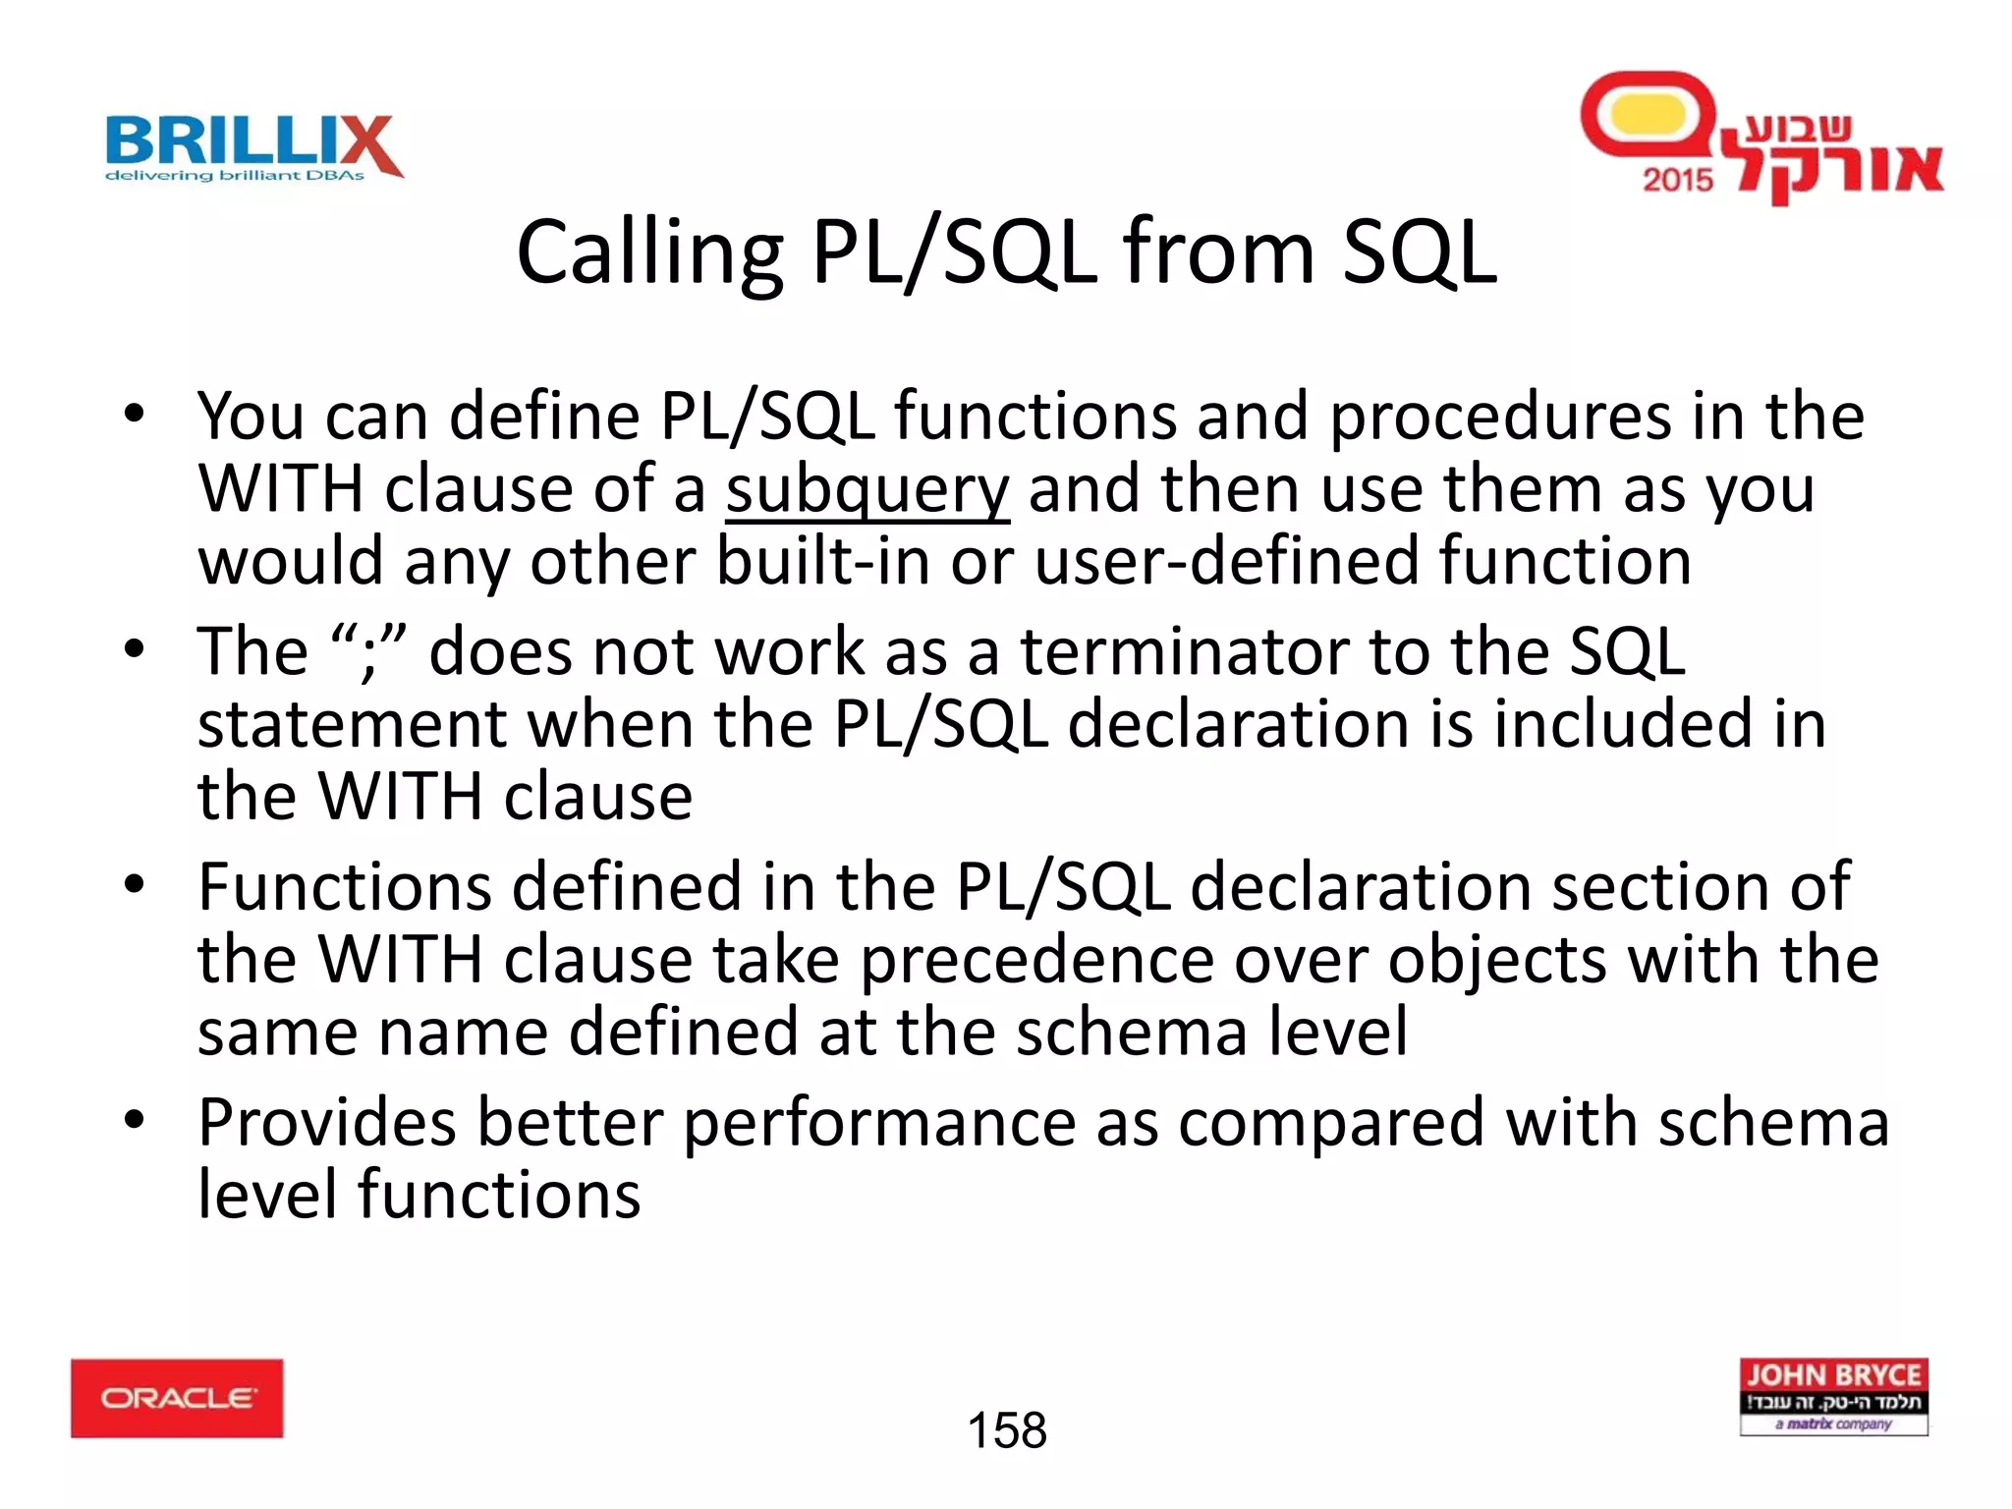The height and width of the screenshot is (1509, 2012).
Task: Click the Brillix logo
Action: click(253, 147)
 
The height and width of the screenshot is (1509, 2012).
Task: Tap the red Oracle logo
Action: click(177, 1398)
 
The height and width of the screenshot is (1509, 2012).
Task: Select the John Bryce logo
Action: click(1833, 1397)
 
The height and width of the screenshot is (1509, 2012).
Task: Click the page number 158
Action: click(1007, 1430)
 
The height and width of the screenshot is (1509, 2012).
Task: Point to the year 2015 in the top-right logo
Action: click(1677, 179)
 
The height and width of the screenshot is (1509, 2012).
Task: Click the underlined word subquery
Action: click(867, 489)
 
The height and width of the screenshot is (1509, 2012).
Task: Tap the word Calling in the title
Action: click(649, 253)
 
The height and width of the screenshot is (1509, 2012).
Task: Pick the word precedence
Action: click(1036, 960)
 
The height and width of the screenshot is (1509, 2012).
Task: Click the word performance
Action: click(880, 1123)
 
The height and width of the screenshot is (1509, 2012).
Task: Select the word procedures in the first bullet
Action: click(1499, 417)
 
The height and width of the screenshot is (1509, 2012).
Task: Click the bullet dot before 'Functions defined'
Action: click(135, 884)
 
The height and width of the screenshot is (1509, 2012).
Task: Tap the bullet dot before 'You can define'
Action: click(135, 414)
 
